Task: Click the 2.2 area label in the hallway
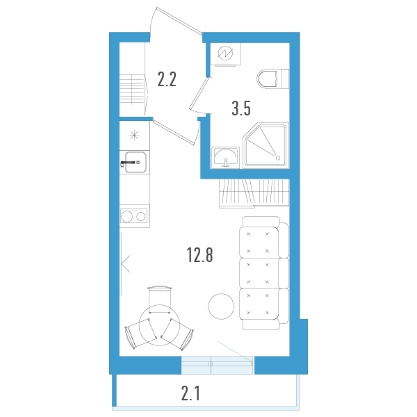coord(167,79)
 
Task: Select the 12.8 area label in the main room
coord(199,255)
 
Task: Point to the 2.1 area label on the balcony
coord(191,395)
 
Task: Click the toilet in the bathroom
coord(271,79)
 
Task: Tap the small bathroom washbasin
coord(224,157)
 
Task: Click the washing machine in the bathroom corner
coord(227,54)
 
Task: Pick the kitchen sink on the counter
coord(133,163)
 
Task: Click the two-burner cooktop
coord(134,215)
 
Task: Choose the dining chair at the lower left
coord(136,336)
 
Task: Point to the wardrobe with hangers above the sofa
coord(253,192)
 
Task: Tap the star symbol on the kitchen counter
coord(134,133)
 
